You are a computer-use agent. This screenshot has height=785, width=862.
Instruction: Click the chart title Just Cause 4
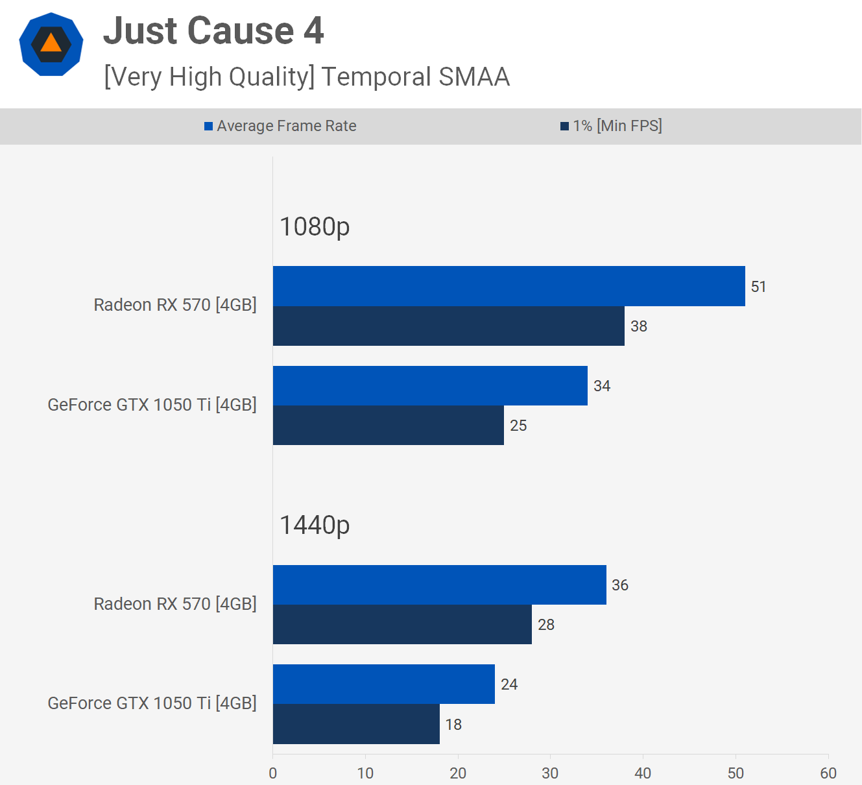click(213, 31)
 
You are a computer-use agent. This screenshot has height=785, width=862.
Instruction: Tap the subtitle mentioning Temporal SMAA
click(307, 77)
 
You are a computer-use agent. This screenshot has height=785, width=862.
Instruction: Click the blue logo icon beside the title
click(51, 44)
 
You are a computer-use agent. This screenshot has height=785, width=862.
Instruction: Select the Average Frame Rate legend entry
click(280, 126)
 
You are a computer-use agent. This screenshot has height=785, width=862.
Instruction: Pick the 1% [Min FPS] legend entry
click(611, 126)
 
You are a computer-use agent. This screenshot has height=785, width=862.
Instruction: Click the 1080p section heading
click(315, 226)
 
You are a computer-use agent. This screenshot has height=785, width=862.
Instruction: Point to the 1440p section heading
click(315, 525)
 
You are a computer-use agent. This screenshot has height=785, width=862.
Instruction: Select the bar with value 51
click(509, 286)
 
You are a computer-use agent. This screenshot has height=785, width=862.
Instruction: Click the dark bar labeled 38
click(448, 326)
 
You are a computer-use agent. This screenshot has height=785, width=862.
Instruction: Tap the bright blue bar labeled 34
click(430, 385)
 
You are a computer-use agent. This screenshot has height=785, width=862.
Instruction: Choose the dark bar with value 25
click(388, 426)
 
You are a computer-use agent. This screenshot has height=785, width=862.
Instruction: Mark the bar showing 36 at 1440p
click(439, 585)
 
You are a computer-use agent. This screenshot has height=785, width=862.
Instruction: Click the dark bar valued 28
click(402, 625)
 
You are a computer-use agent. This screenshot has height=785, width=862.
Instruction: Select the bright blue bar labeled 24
click(383, 684)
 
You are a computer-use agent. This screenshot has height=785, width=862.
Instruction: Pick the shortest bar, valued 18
click(356, 724)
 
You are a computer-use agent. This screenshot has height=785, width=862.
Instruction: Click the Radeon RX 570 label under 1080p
click(175, 305)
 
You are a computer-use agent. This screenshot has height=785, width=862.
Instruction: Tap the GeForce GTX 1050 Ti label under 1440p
click(152, 703)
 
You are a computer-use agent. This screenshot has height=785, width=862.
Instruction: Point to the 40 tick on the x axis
click(643, 773)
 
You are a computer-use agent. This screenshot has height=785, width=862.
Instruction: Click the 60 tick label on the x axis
click(828, 773)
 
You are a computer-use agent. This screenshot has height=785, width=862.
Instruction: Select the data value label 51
click(758, 287)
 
